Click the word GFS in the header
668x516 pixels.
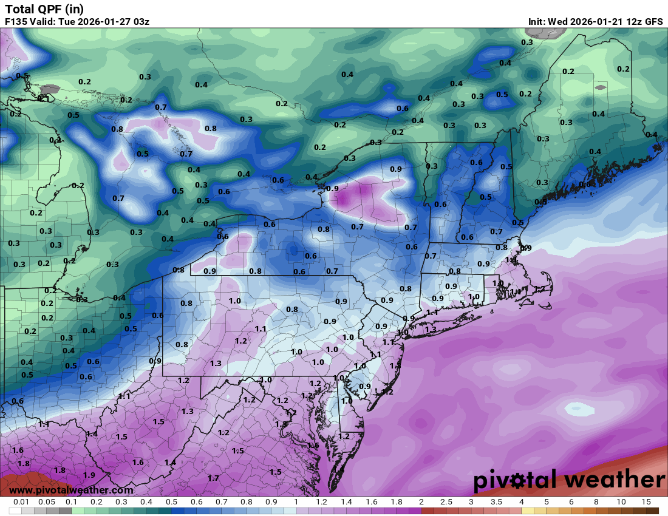tap(653, 22)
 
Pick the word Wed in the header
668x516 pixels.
tap(557, 22)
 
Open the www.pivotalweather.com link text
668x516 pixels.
tap(72, 490)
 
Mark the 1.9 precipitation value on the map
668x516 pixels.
tap(89, 475)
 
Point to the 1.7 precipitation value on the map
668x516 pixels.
tap(213, 478)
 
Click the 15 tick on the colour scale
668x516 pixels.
tap(646, 503)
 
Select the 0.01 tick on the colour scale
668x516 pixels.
tap(22, 503)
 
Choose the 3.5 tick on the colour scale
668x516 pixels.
tap(496, 503)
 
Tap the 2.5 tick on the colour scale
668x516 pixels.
tap(446, 503)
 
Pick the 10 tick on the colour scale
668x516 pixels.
tap(621, 503)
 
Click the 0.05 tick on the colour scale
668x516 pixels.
tap(47, 503)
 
